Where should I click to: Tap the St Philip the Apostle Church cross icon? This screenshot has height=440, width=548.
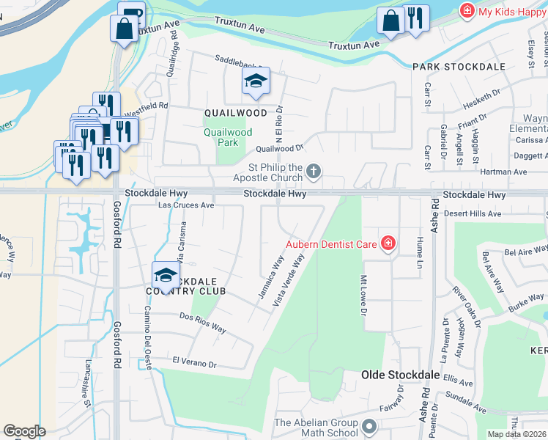(x=314, y=172)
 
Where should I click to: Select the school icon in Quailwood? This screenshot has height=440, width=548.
(x=256, y=81)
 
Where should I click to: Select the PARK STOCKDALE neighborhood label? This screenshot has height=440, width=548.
(x=459, y=67)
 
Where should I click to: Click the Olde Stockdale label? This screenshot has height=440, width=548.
(x=400, y=375)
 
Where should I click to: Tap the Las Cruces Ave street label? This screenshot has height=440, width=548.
(x=187, y=205)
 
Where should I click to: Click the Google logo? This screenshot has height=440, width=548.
(x=24, y=431)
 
